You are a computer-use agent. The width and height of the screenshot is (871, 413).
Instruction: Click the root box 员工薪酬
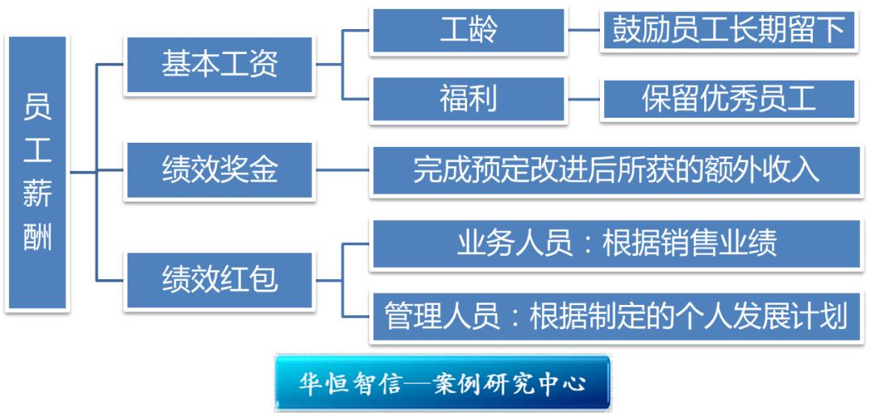[x=38, y=173]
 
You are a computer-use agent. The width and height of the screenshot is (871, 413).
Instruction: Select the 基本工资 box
[x=219, y=65]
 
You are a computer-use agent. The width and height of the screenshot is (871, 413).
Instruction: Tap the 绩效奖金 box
[x=219, y=171]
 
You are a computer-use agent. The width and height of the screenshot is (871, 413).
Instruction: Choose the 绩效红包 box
[x=219, y=280]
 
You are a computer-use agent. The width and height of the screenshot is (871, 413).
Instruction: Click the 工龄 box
[x=469, y=31]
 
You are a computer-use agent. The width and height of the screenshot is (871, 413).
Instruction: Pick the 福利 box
[x=469, y=99]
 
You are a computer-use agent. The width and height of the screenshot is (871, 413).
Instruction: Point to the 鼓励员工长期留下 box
[x=728, y=31]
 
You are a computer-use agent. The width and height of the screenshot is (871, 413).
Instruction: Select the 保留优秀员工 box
[x=728, y=99]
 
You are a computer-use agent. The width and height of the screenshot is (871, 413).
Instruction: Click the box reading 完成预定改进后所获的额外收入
[x=617, y=171]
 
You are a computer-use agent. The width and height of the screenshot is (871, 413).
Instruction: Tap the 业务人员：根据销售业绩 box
[x=617, y=244]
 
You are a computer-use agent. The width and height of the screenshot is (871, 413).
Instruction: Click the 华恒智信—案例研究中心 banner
[x=443, y=383]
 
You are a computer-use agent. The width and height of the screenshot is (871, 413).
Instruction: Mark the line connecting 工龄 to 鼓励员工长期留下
[x=584, y=30]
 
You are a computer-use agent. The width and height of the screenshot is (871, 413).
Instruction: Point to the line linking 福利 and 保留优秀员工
[x=584, y=99]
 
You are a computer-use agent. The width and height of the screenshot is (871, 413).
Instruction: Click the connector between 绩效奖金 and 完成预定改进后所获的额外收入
[x=343, y=170]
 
